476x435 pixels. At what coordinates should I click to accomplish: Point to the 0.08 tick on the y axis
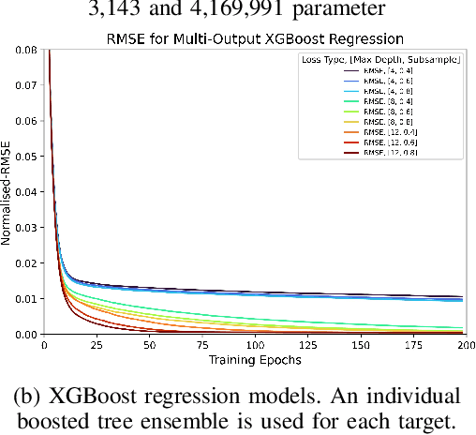[27, 51]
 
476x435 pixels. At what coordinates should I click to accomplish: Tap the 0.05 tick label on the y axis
[27, 157]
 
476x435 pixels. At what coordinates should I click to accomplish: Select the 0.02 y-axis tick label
[27, 263]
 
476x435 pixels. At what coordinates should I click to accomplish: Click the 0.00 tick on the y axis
[27, 334]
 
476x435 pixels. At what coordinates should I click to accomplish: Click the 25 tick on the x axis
[97, 346]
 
